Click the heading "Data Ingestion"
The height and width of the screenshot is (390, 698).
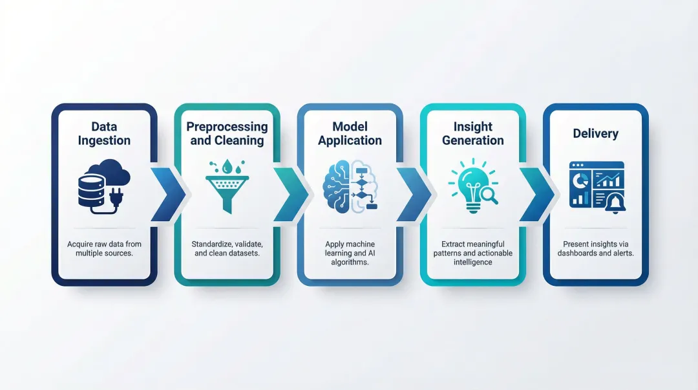[x=104, y=133]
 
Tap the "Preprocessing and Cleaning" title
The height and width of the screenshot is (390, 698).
[x=227, y=133]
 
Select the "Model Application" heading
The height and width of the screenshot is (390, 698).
[x=350, y=133]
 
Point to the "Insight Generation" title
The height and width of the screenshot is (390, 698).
[x=472, y=133]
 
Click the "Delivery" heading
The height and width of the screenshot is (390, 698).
[x=595, y=134]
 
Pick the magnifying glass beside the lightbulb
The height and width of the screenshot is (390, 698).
[x=489, y=193]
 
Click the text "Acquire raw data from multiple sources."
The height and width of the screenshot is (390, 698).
[x=104, y=248]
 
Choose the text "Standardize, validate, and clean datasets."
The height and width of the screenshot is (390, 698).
[x=227, y=248]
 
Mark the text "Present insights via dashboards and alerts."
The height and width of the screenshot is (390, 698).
[x=595, y=248]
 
